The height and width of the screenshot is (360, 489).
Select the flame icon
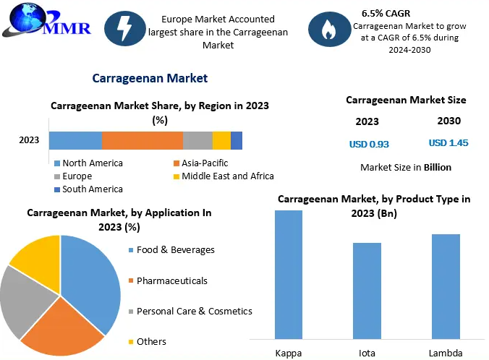point(325,28)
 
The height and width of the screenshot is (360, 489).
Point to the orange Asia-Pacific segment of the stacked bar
point(142,140)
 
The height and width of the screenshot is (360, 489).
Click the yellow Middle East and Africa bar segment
point(221,140)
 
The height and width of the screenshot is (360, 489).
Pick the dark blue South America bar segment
point(237,140)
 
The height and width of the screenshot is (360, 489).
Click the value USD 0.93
point(369,144)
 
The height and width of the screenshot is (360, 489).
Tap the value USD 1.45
point(448,143)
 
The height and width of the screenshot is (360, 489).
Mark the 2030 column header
point(448,121)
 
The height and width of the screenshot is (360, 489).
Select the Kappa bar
point(289,274)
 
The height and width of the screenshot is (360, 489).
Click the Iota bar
point(367,290)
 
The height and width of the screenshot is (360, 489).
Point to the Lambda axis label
point(445,353)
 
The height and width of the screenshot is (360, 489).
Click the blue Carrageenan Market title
point(150,78)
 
